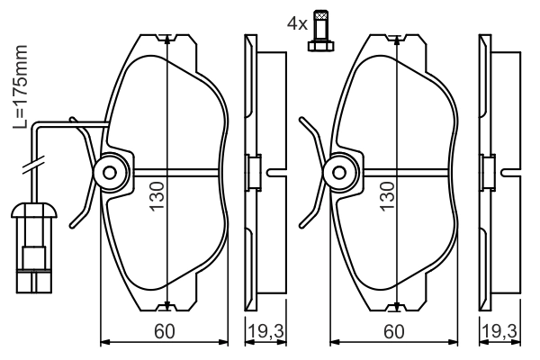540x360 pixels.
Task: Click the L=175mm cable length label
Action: point(20,86)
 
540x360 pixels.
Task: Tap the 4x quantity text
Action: point(297,24)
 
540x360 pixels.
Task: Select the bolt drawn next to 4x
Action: point(320,31)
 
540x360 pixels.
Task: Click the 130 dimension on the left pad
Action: point(157,195)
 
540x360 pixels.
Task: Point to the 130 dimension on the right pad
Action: point(387,195)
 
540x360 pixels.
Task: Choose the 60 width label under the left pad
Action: point(165,331)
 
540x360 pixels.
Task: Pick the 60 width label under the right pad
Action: point(394,331)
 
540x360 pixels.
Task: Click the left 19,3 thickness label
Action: point(265,331)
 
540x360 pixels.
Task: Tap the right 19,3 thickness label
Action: point(499,331)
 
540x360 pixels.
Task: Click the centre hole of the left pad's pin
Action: point(110,172)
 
